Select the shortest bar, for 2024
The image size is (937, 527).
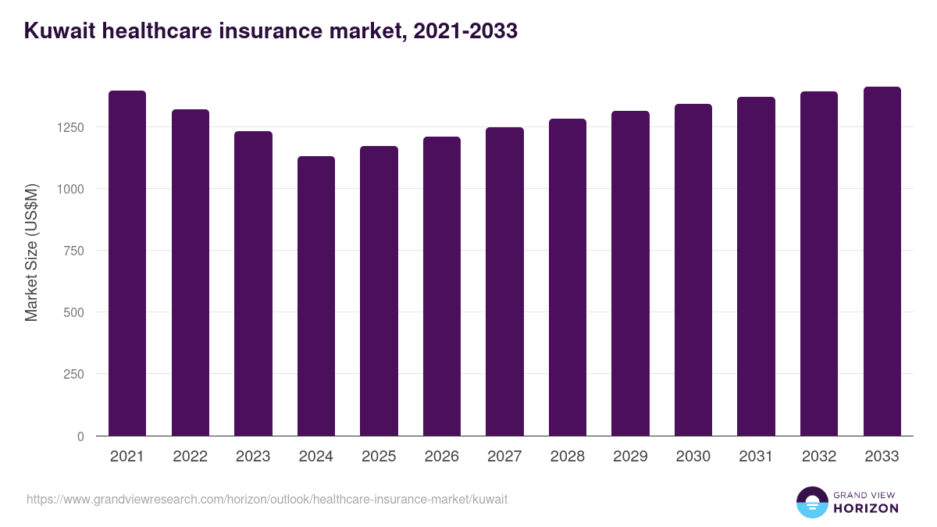tap(316, 296)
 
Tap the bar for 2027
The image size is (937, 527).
tap(504, 281)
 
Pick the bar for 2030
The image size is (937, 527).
tap(693, 269)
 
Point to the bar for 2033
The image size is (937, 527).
tap(882, 261)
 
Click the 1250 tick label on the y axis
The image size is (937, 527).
tap(69, 127)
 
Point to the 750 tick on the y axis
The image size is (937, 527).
tap(73, 251)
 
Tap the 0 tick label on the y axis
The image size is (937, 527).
tap(80, 436)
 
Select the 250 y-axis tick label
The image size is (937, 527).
tap(73, 374)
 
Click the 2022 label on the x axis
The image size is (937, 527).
tap(191, 457)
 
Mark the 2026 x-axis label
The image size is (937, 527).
tap(442, 457)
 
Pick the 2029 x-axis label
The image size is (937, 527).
tap(630, 457)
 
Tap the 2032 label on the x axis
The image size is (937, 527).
tap(819, 457)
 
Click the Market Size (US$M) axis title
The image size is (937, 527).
tap(31, 251)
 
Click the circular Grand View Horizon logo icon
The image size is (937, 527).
tap(811, 503)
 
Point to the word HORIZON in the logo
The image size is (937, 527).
tap(866, 508)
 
